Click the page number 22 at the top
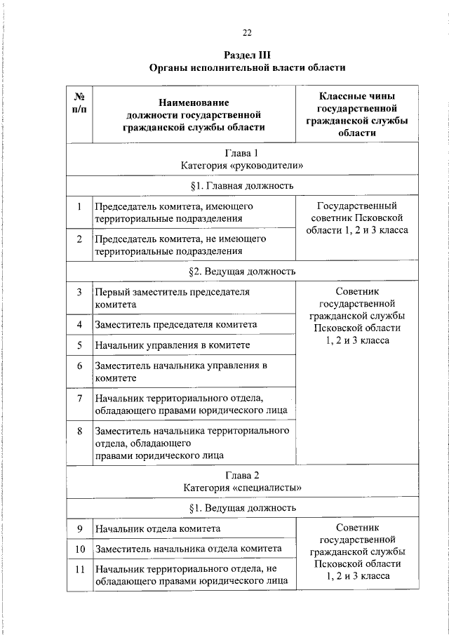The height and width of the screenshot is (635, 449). click(x=247, y=32)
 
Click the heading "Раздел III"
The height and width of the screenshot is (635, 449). click(x=247, y=55)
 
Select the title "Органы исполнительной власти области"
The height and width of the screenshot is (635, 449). click(x=247, y=68)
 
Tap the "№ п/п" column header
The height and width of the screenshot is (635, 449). click(x=80, y=102)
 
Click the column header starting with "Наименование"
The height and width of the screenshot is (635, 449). click(x=194, y=115)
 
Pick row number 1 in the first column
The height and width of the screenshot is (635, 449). click(x=80, y=206)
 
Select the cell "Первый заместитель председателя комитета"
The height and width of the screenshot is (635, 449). click(x=173, y=298)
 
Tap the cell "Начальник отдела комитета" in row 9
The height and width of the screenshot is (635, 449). click(x=158, y=528)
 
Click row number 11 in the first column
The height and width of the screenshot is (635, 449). click(x=80, y=569)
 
